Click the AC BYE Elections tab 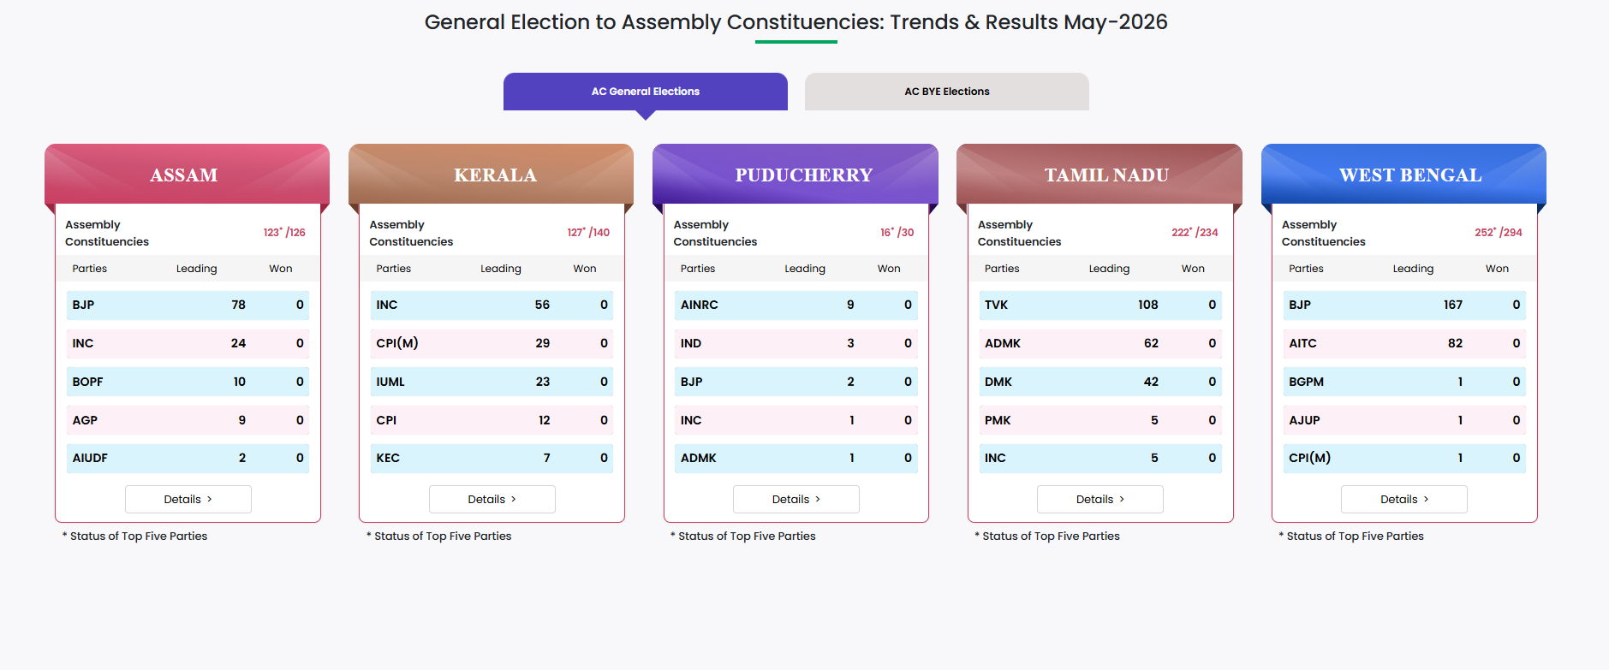[946, 92]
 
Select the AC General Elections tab [646, 92]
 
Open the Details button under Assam [188, 499]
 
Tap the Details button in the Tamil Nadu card [1100, 499]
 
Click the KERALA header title [495, 175]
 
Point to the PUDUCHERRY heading [804, 175]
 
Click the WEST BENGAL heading [1410, 175]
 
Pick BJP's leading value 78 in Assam [238, 305]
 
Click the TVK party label [996, 305]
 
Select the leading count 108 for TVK [1147, 305]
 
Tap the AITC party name [1302, 343]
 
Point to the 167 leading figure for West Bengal [1453, 305]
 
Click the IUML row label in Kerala [390, 382]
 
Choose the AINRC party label [699, 305]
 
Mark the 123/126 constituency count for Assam [284, 232]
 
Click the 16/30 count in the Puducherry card [897, 232]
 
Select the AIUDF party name [90, 458]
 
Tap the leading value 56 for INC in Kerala [542, 305]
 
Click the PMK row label [998, 420]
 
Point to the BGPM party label [1306, 382]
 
